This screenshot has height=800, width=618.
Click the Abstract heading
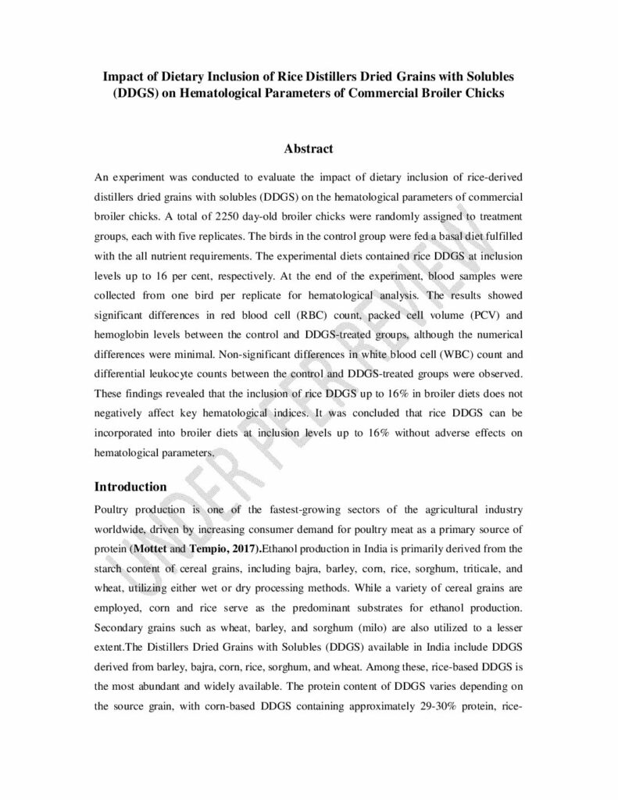309,148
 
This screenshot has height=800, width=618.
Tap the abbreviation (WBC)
441,377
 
